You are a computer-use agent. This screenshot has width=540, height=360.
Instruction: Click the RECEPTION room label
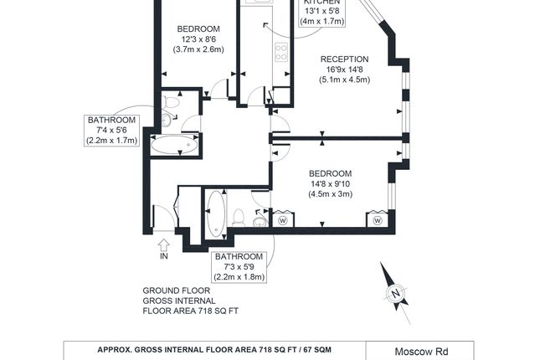coord(344,59)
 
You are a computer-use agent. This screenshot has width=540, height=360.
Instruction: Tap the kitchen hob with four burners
coord(281,52)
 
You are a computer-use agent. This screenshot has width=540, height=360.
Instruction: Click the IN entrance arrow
coord(164,245)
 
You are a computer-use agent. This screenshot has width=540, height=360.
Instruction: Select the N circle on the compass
coord(396,294)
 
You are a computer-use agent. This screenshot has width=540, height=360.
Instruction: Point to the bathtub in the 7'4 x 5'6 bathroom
coord(174,145)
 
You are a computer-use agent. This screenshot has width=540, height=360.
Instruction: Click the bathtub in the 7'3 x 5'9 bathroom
coord(216,213)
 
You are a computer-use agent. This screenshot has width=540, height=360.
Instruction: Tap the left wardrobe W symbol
coord(283,220)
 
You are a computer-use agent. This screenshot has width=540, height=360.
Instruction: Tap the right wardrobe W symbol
coord(378,220)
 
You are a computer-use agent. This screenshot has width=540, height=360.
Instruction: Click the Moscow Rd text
coord(421,352)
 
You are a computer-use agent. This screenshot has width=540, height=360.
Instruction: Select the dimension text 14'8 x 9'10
coord(331,183)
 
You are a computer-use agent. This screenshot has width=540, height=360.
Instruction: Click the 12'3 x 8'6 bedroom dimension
coord(198,39)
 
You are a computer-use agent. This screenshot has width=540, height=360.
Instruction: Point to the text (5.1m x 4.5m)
coord(344,80)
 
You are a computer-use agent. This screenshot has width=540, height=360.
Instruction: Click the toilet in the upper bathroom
coord(171,102)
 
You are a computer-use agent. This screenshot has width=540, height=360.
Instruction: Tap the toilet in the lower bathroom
coord(239,218)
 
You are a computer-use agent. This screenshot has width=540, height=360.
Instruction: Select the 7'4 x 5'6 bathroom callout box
coord(111,131)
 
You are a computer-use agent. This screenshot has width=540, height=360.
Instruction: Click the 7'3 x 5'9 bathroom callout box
coord(239,267)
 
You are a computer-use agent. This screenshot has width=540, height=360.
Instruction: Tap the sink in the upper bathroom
coord(167,121)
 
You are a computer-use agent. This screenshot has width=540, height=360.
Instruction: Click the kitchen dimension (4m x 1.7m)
coord(322,22)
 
